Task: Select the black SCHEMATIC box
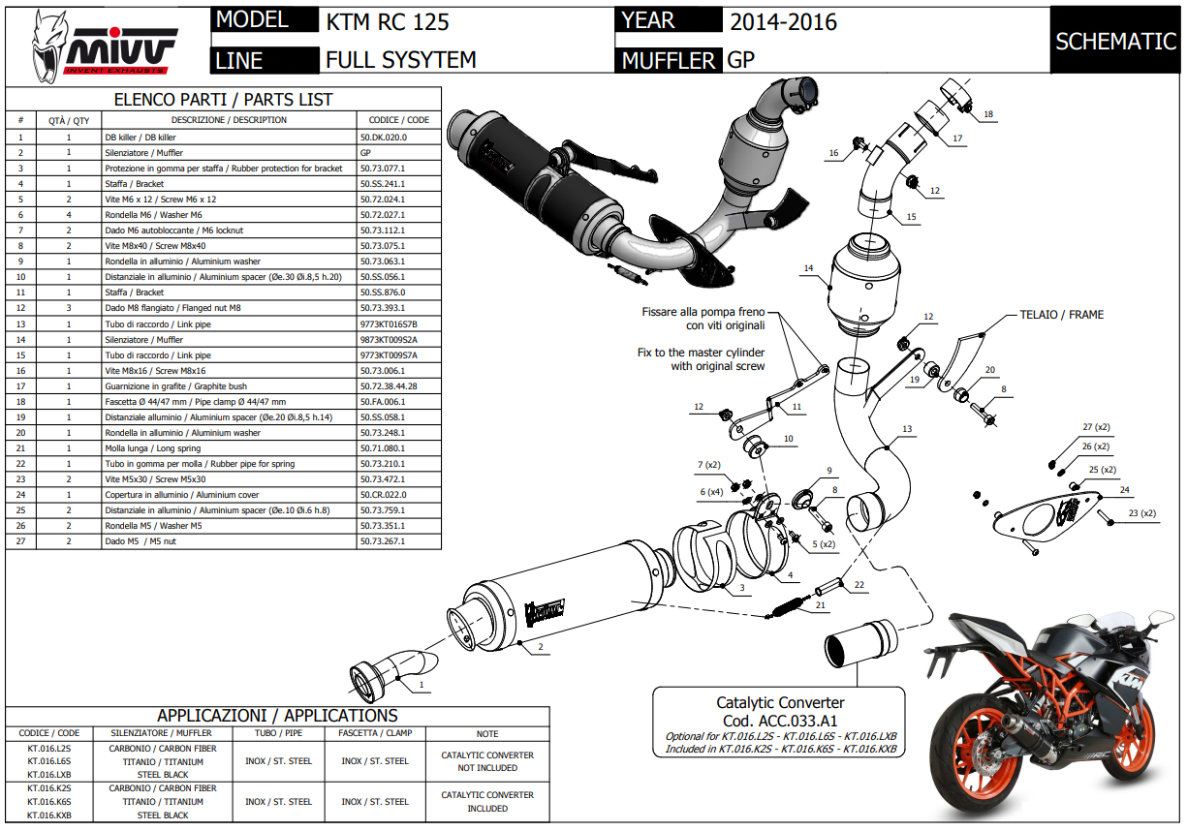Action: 1115,41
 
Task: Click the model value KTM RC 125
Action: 388,20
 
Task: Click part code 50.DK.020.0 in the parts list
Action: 384,138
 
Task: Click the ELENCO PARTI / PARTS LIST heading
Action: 223,99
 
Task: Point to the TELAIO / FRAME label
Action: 1061,315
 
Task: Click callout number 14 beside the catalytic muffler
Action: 807,267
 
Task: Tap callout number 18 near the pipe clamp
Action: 987,114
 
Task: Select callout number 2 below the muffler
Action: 540,646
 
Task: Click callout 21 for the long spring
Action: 820,606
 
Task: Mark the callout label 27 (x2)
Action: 1096,427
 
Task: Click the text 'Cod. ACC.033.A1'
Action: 780,721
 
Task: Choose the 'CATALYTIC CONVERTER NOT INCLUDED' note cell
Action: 487,761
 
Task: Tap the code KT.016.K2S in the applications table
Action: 49,788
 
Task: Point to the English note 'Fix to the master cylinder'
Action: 701,353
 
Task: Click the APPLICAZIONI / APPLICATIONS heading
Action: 277,715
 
